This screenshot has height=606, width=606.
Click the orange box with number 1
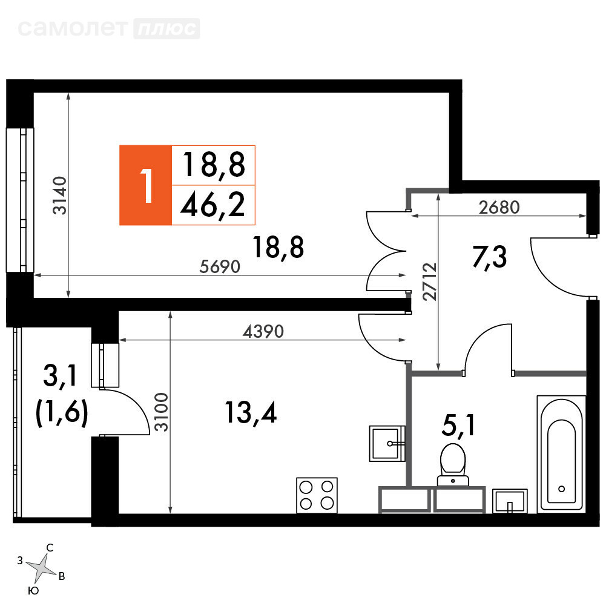[x=146, y=185]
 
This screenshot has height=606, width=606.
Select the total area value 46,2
[x=213, y=205]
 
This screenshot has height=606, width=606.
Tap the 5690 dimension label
[x=220, y=266]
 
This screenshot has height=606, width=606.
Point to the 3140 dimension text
[x=61, y=196]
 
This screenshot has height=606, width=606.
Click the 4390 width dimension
[x=263, y=332]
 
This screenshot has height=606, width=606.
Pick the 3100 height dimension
[x=162, y=412]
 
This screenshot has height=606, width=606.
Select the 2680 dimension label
[x=499, y=208]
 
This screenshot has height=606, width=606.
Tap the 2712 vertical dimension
[x=430, y=282]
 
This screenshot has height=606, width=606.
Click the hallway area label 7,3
[x=490, y=257]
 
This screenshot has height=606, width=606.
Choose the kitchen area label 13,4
[x=251, y=413]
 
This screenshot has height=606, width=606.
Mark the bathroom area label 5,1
[x=458, y=426]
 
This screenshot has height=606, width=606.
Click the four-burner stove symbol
[x=317, y=495]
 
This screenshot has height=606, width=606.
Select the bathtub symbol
[x=561, y=453]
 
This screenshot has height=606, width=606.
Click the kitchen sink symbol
[x=387, y=444]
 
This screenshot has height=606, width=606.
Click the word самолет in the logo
[x=73, y=28]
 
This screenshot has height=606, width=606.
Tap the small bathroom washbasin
[x=510, y=501]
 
